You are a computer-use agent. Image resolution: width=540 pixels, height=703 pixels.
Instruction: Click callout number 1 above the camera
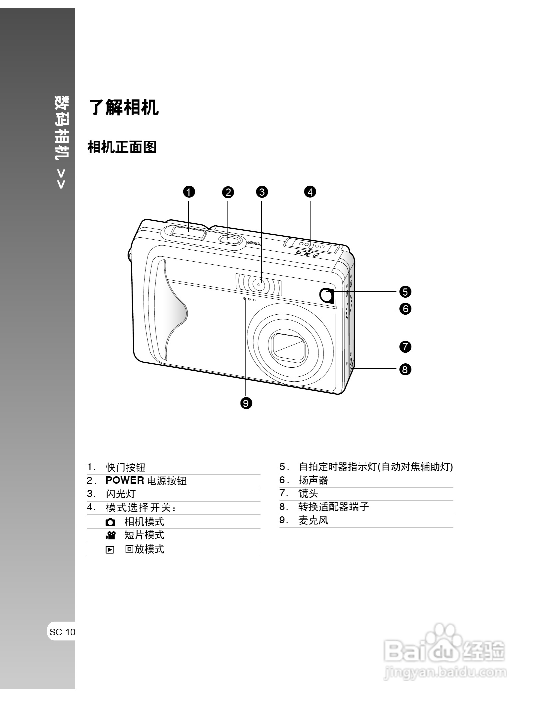pyautogui.click(x=189, y=192)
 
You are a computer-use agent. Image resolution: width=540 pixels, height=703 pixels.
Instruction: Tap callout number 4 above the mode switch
pyautogui.click(x=310, y=192)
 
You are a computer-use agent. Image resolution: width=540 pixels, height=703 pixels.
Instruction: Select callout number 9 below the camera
pyautogui.click(x=246, y=403)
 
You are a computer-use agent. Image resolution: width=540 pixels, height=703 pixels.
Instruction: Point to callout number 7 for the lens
pyautogui.click(x=405, y=347)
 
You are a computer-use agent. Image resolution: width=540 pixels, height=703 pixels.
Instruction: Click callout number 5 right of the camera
pyautogui.click(x=405, y=292)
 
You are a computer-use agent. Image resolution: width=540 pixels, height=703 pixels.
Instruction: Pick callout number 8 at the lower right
pyautogui.click(x=405, y=369)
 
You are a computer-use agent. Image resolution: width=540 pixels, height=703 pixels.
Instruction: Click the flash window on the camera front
pyautogui.click(x=259, y=284)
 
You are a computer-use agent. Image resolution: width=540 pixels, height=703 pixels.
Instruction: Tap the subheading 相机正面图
pyautogui.click(x=122, y=147)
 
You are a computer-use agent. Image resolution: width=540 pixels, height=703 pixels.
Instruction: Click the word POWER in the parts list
pyautogui.click(x=125, y=480)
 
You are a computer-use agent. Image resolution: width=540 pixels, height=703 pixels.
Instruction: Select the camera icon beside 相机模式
pyautogui.click(x=110, y=522)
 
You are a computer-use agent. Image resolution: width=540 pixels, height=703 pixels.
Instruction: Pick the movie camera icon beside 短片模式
pyautogui.click(x=110, y=535)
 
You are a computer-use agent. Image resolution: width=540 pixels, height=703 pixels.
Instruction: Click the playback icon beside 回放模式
pyautogui.click(x=110, y=550)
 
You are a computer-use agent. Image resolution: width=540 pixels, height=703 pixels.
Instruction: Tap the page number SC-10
pyautogui.click(x=62, y=632)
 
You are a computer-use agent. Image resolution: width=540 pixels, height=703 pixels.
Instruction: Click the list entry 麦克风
pyautogui.click(x=313, y=520)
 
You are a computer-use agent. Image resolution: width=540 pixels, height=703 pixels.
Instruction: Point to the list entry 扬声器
pyautogui.click(x=313, y=480)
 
